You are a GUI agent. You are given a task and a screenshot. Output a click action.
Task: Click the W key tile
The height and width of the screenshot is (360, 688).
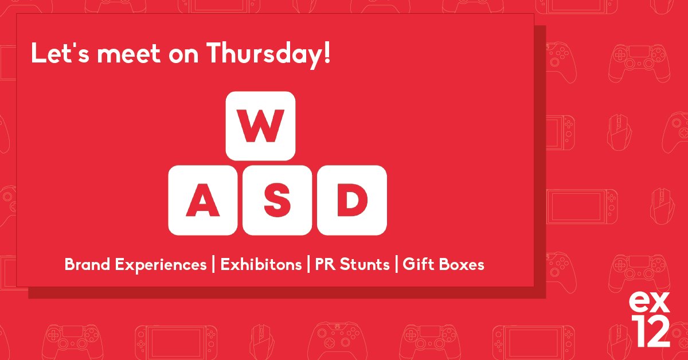tap(260, 126)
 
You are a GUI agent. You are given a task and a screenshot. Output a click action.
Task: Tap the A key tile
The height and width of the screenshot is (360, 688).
tap(202, 200)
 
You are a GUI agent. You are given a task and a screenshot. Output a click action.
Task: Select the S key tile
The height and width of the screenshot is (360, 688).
tap(277, 200)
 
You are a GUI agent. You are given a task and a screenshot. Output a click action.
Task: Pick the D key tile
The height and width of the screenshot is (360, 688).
tap(352, 200)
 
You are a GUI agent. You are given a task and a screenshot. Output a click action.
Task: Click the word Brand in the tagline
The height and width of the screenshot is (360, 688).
tap(87, 265)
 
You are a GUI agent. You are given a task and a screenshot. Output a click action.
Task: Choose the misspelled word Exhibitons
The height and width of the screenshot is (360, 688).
tap(261, 265)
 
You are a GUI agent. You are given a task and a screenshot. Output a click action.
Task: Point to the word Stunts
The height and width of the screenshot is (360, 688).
tap(365, 265)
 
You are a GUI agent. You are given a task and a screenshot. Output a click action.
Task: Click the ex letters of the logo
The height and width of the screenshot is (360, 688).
tap(649, 302)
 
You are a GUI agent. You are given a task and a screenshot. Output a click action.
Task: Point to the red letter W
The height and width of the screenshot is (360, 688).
tap(260, 125)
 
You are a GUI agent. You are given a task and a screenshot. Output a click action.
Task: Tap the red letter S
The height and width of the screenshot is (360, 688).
tap(277, 200)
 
